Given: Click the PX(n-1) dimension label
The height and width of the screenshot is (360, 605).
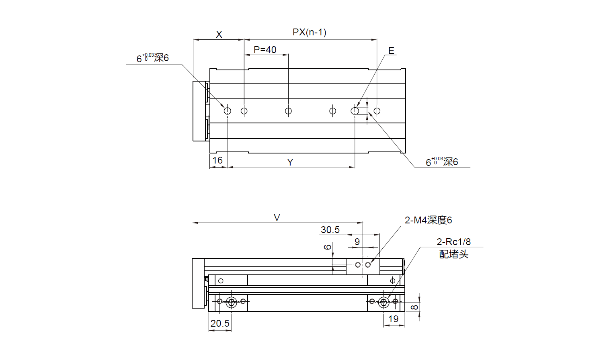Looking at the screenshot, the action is [309, 32].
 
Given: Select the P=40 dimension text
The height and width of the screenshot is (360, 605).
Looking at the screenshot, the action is [265, 50].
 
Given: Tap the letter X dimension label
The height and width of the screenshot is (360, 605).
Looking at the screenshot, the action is [219, 35].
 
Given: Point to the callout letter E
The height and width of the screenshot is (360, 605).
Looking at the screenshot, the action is [391, 51].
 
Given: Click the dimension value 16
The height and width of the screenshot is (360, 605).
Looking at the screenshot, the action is [217, 160].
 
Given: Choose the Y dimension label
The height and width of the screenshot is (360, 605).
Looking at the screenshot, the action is [290, 162].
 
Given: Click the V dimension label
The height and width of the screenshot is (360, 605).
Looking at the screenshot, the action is [277, 218].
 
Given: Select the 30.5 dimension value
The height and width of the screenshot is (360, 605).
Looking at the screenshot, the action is [330, 230].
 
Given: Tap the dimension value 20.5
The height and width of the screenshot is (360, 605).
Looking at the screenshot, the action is [220, 323].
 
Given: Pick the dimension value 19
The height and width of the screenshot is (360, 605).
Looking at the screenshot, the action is [393, 319].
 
